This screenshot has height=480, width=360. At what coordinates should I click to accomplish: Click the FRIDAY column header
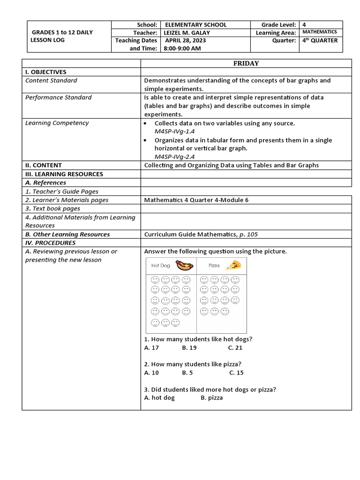point(246,64)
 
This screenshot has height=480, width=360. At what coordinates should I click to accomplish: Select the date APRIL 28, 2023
point(185,41)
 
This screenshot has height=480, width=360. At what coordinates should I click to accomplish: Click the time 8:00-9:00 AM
point(182,49)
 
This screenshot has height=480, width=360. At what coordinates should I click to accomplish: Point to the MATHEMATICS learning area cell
point(319,32)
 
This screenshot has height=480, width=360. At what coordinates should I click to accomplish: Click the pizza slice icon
point(233,265)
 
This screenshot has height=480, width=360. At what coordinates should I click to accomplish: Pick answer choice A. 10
point(151,373)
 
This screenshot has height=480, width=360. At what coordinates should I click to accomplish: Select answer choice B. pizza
point(212,397)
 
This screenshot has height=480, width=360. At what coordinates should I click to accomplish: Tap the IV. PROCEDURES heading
point(50,243)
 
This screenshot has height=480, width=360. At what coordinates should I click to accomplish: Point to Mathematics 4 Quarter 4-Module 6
point(196,200)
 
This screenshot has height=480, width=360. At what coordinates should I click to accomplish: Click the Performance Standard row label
point(59,97)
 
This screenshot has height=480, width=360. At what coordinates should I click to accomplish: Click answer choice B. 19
point(189,348)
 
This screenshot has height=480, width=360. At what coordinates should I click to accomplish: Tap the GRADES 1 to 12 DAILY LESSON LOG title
point(62,36)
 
